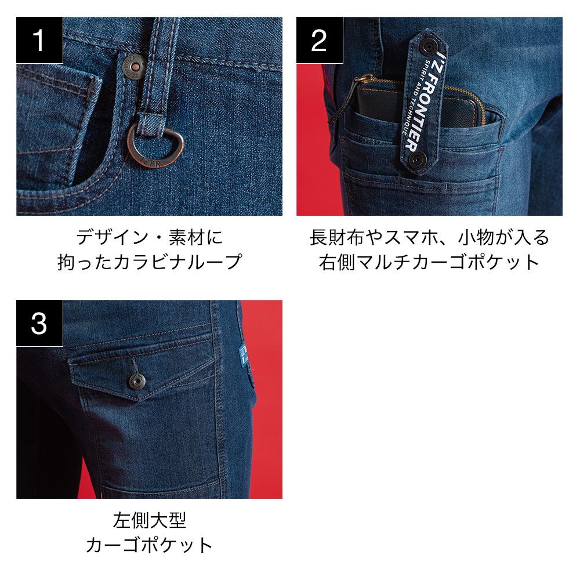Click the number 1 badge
(39, 41)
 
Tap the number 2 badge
(320, 41)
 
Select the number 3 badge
(39, 323)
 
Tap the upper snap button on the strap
(429, 47)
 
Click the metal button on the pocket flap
(137, 382)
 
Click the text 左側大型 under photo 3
(150, 520)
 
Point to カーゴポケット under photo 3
(150, 545)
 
